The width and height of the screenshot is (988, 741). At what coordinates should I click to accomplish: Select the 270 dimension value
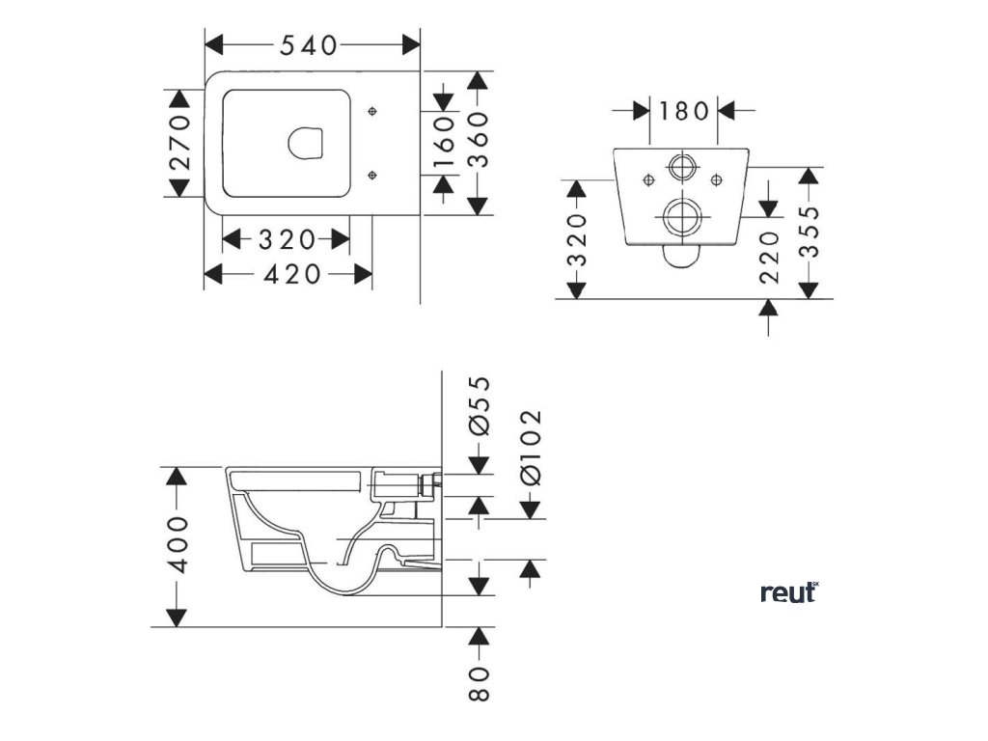[179, 142]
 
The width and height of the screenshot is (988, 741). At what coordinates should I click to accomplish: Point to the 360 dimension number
[480, 142]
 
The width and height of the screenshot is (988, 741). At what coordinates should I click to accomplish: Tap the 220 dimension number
[769, 257]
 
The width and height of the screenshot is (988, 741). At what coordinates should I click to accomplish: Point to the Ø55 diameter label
[480, 407]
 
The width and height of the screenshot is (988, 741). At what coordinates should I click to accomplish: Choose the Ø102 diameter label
[530, 446]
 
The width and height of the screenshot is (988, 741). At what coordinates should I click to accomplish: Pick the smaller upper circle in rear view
[682, 167]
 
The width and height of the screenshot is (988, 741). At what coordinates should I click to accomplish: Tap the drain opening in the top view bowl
[306, 143]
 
